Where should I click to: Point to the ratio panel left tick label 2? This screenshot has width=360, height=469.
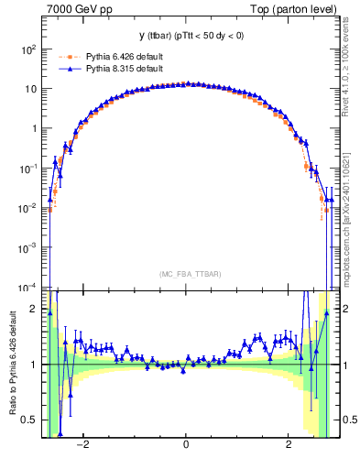click(x=33, y=309)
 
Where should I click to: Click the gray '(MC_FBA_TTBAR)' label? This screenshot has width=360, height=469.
click(x=186, y=273)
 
